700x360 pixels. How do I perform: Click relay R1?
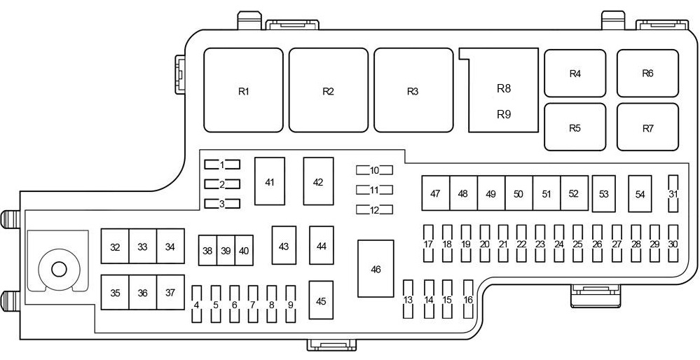pos(243,90)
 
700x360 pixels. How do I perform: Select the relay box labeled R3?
pos(413,90)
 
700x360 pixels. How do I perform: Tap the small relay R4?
pos(575,73)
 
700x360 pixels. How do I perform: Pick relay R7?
pos(647,127)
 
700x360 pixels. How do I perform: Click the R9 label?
pos(504,113)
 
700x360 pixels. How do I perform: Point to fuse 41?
pos(270,181)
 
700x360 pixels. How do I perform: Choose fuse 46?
pos(376,268)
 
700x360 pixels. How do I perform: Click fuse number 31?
pos(673,194)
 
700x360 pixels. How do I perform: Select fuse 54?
pos(640,194)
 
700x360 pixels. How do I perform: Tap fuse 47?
pos(435,193)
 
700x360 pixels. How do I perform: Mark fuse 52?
pos(574,193)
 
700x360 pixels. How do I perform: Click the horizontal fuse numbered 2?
pos(222,184)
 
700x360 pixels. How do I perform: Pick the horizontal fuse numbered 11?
pos(374,190)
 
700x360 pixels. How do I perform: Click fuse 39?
pos(225,250)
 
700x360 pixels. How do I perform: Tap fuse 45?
pos(321,301)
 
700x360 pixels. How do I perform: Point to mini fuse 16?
pos(468,300)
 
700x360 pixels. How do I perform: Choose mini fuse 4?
pos(197,305)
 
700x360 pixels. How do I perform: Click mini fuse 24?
pos(558,244)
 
